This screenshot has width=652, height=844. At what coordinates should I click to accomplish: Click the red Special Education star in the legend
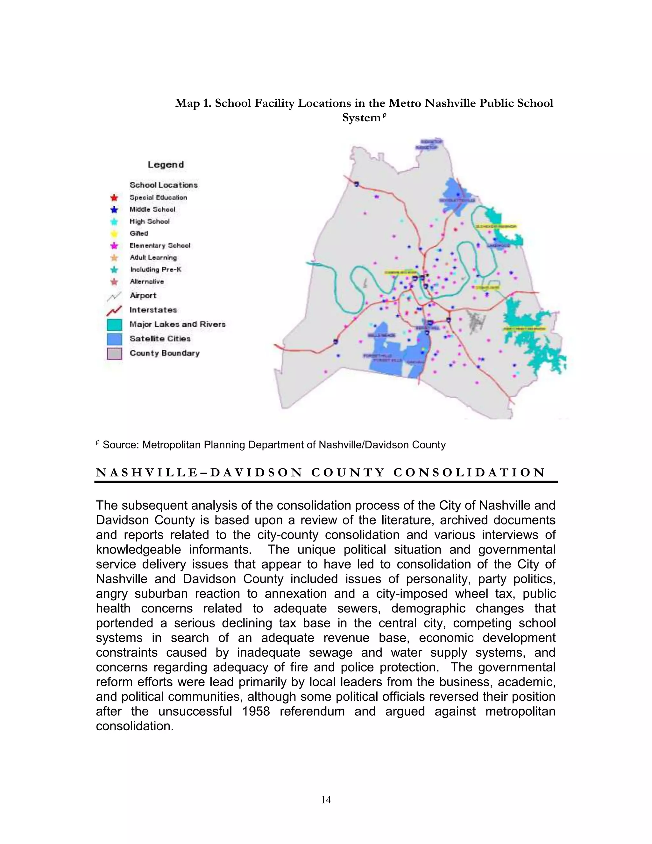pyautogui.click(x=114, y=198)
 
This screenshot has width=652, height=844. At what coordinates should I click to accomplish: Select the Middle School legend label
pyautogui.click(x=152, y=210)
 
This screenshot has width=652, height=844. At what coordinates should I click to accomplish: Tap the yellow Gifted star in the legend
pyautogui.click(x=114, y=233)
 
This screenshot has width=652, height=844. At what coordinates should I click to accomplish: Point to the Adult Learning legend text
pyautogui.click(x=153, y=257)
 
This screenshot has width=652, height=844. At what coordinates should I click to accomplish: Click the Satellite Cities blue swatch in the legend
pyautogui.click(x=114, y=339)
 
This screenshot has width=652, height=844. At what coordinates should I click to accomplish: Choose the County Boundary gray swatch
pyautogui.click(x=114, y=353)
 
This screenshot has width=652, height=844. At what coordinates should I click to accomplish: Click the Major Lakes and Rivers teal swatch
pyautogui.click(x=114, y=325)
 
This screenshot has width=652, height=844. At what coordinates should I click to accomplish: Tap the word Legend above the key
pyautogui.click(x=166, y=165)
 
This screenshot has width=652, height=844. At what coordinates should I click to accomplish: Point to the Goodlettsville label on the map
pyautogui.click(x=457, y=201)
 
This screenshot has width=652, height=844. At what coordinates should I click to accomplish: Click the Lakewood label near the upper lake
pyautogui.click(x=498, y=246)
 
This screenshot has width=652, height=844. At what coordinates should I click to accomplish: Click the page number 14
pyautogui.click(x=326, y=799)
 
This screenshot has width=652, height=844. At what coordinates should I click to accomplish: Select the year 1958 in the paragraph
pyautogui.click(x=256, y=711)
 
